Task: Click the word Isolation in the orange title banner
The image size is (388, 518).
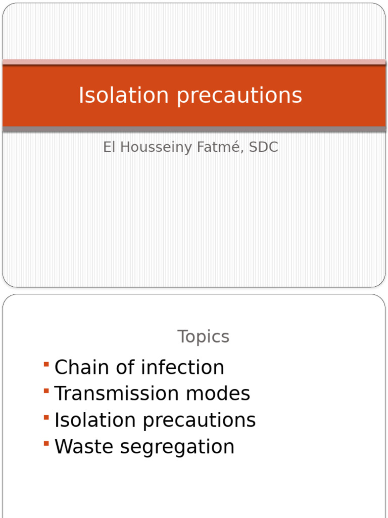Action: click(x=124, y=95)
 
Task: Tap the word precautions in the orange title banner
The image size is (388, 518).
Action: click(x=239, y=96)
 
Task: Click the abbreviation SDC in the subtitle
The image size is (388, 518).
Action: click(x=264, y=147)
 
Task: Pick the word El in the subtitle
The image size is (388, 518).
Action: click(x=109, y=147)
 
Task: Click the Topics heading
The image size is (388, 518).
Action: click(x=203, y=337)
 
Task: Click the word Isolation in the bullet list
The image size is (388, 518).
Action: click(x=95, y=420)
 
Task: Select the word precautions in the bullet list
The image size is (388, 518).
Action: click(x=199, y=421)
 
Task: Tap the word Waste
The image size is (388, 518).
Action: click(x=84, y=446)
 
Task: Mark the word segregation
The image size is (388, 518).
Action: click(x=177, y=447)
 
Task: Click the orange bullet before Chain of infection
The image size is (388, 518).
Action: click(x=46, y=364)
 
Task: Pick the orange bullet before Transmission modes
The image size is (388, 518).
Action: click(x=46, y=391)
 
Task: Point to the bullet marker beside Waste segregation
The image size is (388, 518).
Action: click(x=46, y=443)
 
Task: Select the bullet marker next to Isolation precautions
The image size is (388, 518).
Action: click(x=46, y=417)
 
